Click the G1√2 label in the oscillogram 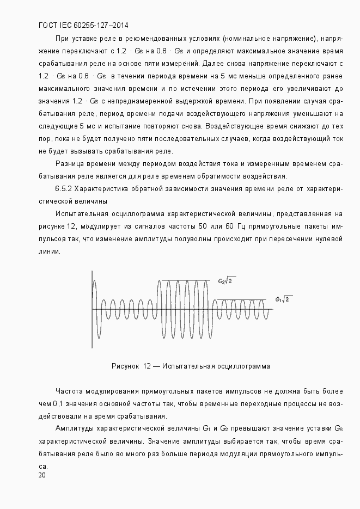click(x=284, y=299)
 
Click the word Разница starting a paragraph click(x=69, y=163)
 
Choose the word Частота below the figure click(x=70, y=391)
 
